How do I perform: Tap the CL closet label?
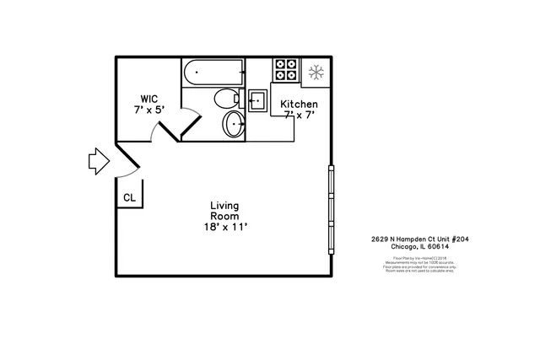click(129, 197)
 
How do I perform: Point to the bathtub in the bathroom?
click(213, 73)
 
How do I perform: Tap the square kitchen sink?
click(257, 100)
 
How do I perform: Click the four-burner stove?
click(286, 69)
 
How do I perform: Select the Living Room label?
click(225, 211)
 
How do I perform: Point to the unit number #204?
click(459, 239)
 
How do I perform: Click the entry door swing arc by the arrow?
click(127, 173)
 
